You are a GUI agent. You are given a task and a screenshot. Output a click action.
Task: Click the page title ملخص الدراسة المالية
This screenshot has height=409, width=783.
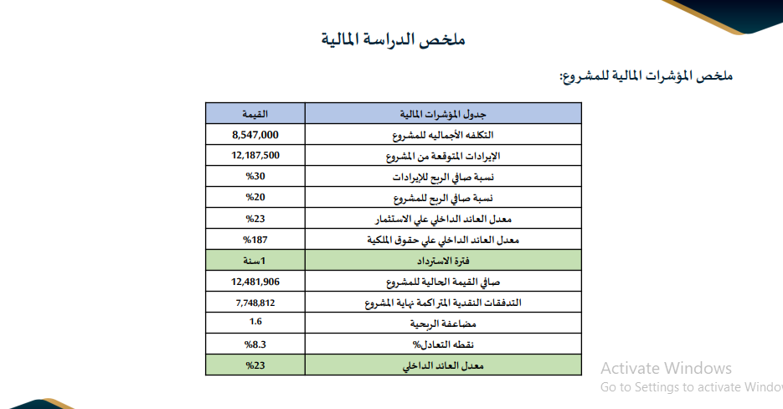(394, 39)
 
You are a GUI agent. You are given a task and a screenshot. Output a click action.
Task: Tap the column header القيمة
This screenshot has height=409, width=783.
(255, 113)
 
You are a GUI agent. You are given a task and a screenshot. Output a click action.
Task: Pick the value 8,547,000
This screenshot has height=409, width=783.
(255, 134)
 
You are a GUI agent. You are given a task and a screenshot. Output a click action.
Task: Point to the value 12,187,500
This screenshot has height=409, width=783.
(255, 155)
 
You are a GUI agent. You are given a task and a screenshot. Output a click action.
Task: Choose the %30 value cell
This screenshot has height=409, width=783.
(255, 177)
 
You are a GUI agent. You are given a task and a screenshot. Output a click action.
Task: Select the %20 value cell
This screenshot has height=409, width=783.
(255, 198)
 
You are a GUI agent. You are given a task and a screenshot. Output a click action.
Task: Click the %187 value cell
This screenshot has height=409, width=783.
(255, 240)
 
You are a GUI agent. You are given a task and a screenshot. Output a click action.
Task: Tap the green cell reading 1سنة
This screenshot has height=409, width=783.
(255, 261)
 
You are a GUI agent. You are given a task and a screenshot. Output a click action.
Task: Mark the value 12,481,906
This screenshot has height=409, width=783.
(255, 282)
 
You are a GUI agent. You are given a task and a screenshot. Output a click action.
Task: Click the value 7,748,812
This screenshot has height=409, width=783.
(255, 303)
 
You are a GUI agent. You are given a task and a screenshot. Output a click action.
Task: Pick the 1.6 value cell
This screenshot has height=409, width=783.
(255, 323)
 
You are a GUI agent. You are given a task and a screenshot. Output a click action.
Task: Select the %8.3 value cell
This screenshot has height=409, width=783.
(255, 344)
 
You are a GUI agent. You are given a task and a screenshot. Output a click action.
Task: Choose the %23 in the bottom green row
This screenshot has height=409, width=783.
(255, 365)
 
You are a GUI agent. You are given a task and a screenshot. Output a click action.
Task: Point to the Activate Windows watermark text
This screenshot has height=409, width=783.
(666, 369)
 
